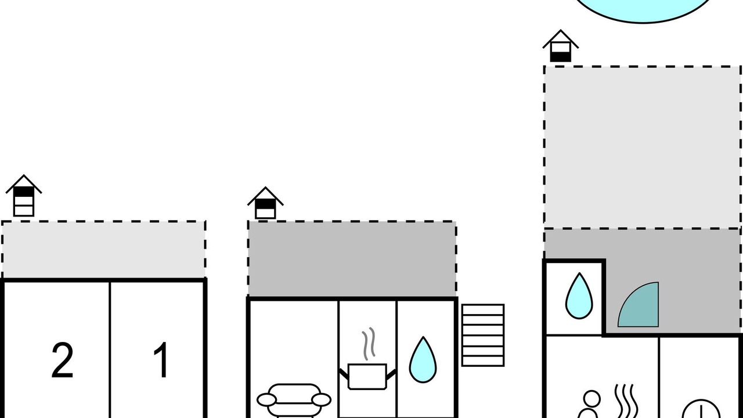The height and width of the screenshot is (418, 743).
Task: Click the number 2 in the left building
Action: pyautogui.click(x=62, y=361)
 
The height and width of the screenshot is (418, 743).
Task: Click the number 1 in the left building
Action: pyautogui.click(x=161, y=360)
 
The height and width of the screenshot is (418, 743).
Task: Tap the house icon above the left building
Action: pyautogui.click(x=24, y=196)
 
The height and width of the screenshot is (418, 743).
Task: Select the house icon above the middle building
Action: pyautogui.click(x=265, y=203)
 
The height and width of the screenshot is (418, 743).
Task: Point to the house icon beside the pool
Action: pyautogui.click(x=561, y=46)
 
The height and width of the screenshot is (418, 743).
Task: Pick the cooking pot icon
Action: pyautogui.click(x=367, y=377)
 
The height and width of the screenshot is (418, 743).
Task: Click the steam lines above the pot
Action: pyautogui.click(x=369, y=344)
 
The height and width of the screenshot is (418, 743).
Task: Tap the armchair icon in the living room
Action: pyautogui.click(x=294, y=401)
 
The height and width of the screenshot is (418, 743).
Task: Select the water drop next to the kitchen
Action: pyautogui.click(x=423, y=360)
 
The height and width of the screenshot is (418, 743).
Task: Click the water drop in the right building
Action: pyautogui.click(x=579, y=296)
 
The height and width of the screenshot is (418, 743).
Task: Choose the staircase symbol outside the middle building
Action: pyautogui.click(x=483, y=335)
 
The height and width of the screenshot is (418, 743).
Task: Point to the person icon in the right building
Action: pyautogui.click(x=590, y=405)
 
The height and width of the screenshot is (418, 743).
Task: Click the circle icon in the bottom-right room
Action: pyautogui.click(x=701, y=409)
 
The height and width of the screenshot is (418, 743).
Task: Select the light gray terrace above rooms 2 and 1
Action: pyautogui.click(x=103, y=250)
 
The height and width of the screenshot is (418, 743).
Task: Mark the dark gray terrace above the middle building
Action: pyautogui.click(x=352, y=259)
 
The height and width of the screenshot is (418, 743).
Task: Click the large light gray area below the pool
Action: pyautogui.click(x=642, y=147)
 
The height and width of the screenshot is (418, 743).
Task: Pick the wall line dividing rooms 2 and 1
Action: pyautogui.click(x=110, y=350)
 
